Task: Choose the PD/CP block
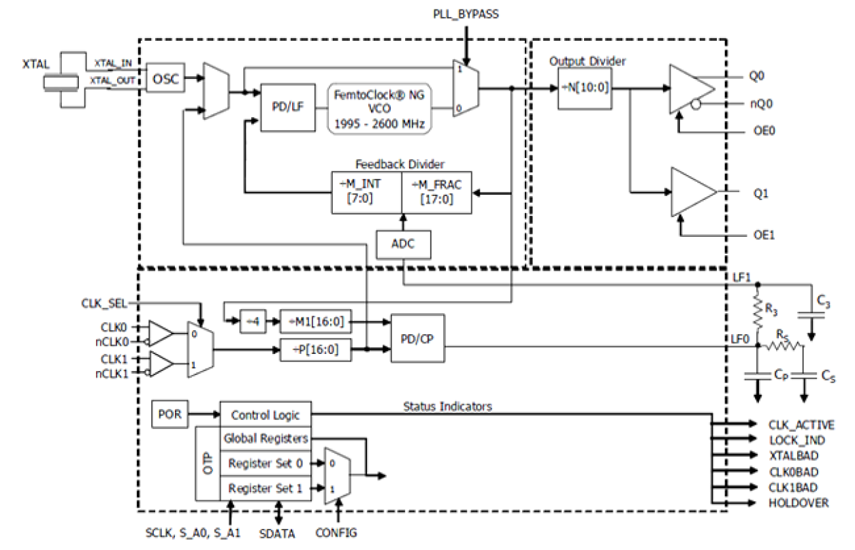417,338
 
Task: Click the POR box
170,415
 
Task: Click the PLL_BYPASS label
466,14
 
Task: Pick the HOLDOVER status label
798,503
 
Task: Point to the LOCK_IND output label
796,440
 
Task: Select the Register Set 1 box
265,489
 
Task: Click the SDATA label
278,534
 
